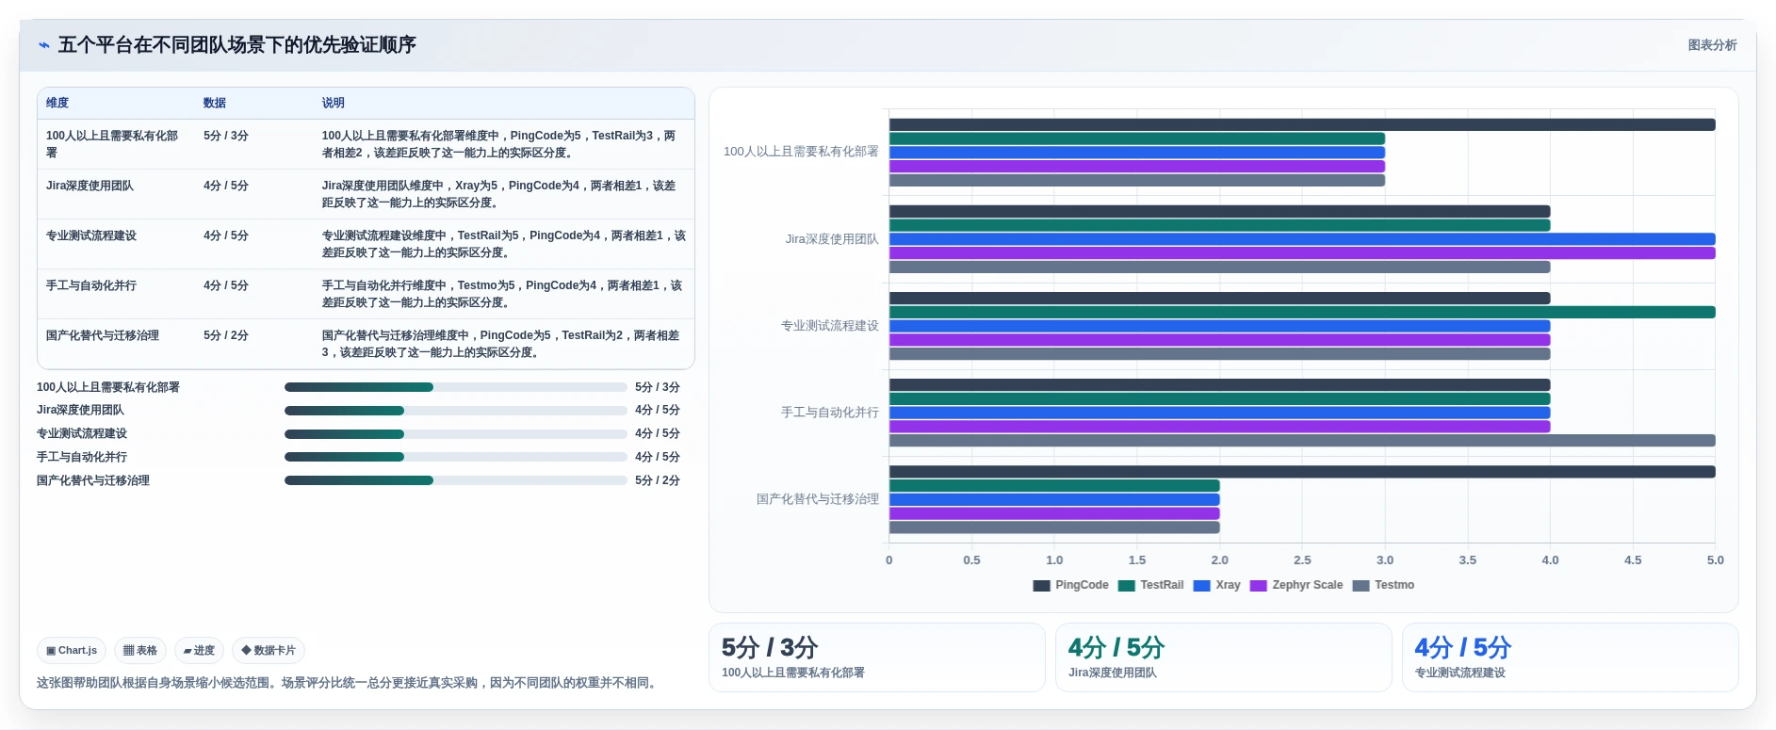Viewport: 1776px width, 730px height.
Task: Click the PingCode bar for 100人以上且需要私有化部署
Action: click(x=1302, y=124)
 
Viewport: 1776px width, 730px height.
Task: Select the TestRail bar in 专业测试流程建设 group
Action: click(x=1302, y=312)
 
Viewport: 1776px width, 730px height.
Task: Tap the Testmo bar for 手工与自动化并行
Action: click(x=1302, y=441)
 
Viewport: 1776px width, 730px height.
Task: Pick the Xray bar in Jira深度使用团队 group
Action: click(x=1302, y=239)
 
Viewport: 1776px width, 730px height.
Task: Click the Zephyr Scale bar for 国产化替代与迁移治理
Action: click(x=1054, y=513)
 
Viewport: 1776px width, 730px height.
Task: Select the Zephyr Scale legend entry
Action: click(x=1296, y=585)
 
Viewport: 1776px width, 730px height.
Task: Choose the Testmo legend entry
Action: click(x=1383, y=585)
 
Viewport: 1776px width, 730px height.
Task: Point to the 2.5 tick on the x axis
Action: click(x=1302, y=560)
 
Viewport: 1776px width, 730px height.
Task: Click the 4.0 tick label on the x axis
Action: click(x=1550, y=560)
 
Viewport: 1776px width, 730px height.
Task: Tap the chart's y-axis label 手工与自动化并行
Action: click(x=830, y=413)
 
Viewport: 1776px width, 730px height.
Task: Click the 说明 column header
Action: click(x=334, y=103)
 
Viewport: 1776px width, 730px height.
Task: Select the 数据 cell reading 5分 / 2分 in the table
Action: click(x=226, y=335)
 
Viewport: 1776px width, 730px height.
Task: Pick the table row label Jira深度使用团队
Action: click(x=90, y=186)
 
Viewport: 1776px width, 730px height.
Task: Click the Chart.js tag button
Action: click(x=72, y=650)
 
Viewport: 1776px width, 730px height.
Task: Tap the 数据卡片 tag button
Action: click(x=269, y=650)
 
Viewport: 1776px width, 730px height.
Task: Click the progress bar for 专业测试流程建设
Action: click(x=456, y=433)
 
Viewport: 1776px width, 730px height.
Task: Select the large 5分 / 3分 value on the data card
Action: click(x=770, y=648)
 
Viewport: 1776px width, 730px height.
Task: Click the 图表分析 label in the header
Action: click(x=1712, y=45)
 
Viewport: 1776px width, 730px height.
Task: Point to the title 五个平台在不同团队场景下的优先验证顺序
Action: click(x=237, y=45)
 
